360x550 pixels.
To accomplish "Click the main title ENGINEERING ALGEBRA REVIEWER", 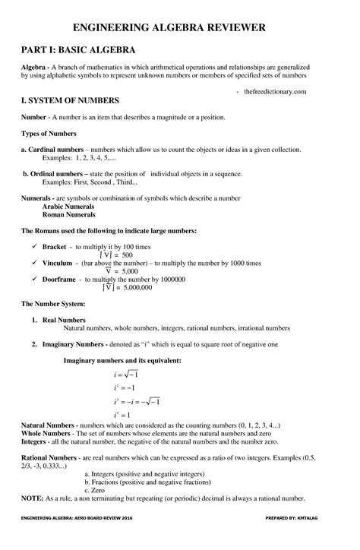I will pos(179,28).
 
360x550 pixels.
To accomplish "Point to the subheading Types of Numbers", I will pos(48,133).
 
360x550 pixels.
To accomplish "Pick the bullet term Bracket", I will pos(55,248).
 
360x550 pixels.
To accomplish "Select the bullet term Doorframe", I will pos(60,279).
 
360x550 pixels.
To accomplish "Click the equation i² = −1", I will pos(125,387).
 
